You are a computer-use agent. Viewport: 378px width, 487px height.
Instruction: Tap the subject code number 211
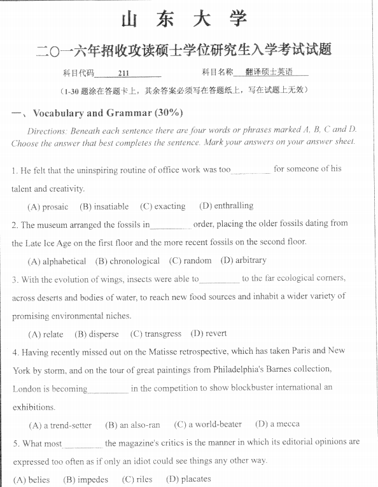tap(123, 73)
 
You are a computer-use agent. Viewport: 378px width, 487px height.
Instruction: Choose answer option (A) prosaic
tap(48, 206)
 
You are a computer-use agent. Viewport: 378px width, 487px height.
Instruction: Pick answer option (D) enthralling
tap(226, 206)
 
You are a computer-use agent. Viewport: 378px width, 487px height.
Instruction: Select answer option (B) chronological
tap(127, 261)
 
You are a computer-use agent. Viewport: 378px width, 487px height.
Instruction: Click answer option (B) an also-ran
tap(132, 425)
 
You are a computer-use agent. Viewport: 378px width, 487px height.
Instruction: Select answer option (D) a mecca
tap(277, 424)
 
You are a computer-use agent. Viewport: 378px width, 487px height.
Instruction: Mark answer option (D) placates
tap(188, 479)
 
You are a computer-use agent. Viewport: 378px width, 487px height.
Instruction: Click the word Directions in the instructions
tap(46, 131)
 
